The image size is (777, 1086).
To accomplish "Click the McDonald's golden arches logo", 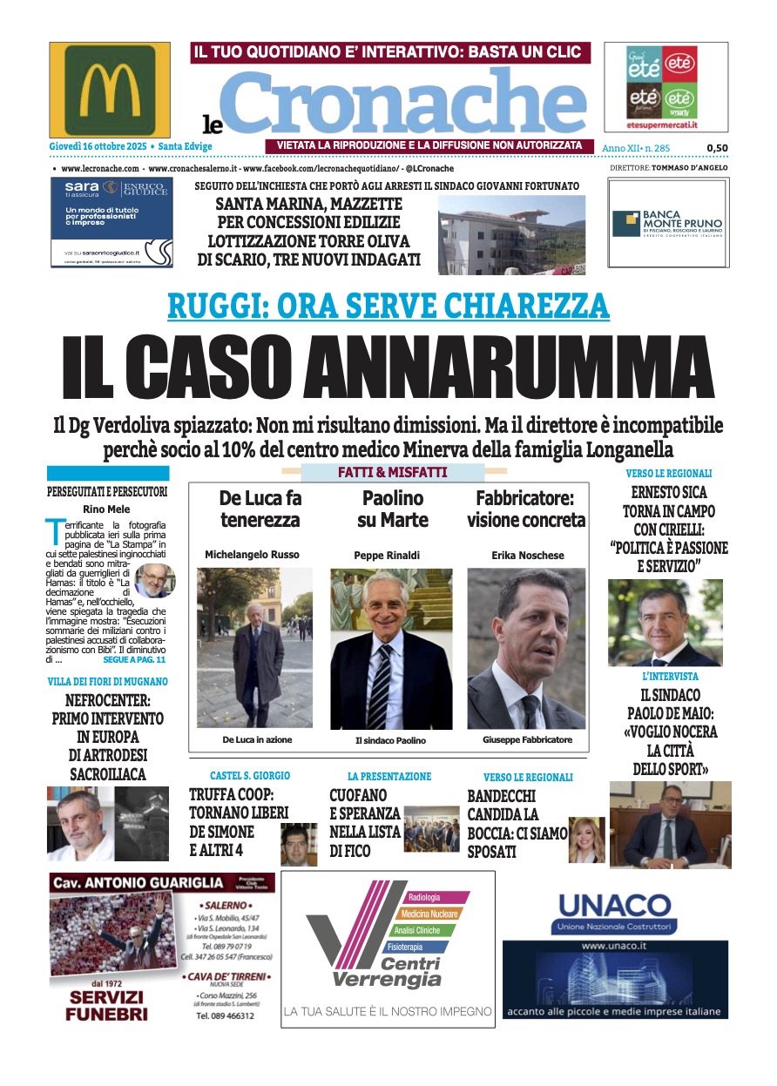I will (x=109, y=90).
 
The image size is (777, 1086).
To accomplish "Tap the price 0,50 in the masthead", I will (x=717, y=148).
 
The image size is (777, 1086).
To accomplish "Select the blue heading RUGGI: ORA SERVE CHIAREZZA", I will (x=388, y=306).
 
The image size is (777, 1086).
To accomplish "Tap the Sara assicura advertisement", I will (x=111, y=222).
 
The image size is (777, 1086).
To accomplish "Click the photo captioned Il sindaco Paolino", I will (x=391, y=649).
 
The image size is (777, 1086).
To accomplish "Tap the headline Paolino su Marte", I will (x=392, y=509).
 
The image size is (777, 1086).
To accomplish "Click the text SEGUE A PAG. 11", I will (x=134, y=660).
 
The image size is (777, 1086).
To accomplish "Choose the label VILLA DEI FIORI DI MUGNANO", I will (x=108, y=681).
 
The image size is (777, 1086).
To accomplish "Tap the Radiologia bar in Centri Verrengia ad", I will (x=434, y=897).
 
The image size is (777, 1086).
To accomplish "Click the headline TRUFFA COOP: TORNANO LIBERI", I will (x=232, y=804).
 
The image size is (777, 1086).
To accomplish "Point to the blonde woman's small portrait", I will (x=587, y=839).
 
